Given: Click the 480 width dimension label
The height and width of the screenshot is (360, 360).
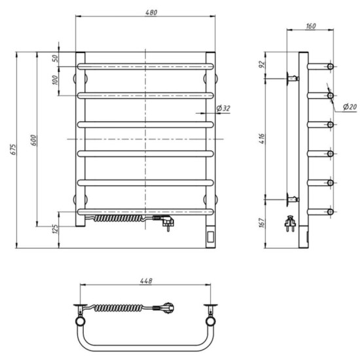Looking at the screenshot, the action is [151, 12].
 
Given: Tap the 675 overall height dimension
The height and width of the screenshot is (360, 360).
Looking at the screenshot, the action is [14, 149].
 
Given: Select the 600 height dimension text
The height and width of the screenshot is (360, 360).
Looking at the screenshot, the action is [33, 140].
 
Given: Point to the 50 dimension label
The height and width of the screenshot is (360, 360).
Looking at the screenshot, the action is [56, 58].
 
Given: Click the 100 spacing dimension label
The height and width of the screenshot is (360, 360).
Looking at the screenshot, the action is [56, 80].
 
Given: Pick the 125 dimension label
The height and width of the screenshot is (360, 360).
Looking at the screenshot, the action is [56, 229].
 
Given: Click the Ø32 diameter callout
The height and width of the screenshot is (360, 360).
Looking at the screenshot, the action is [223, 108].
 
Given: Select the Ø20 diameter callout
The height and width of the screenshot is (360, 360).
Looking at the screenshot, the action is [350, 106].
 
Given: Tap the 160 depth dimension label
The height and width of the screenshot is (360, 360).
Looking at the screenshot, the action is [311, 26].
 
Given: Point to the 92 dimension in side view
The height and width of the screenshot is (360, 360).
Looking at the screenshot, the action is [262, 64].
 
